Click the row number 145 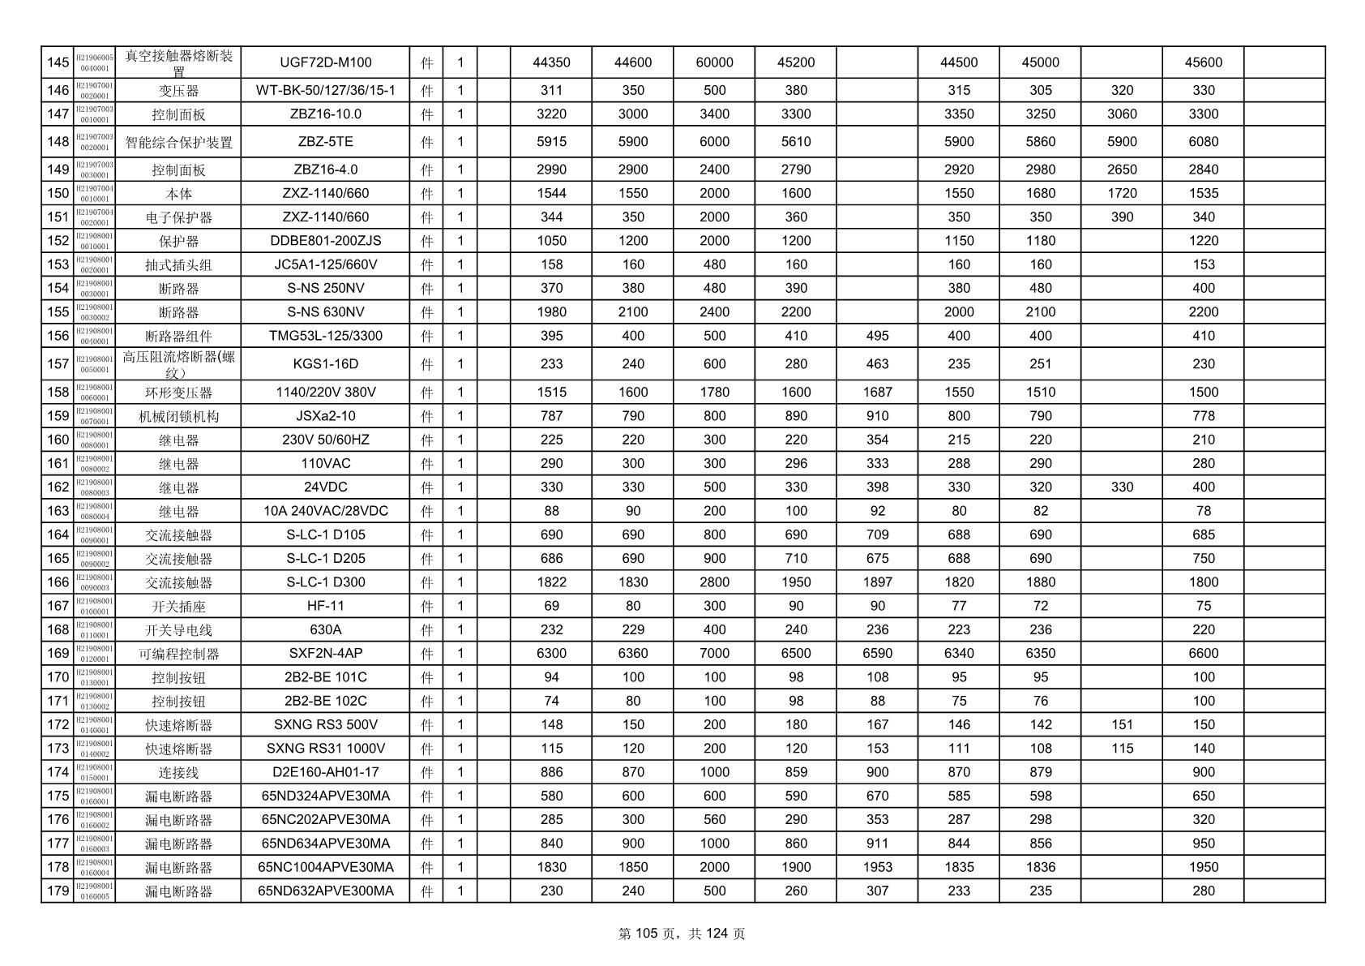point(58,62)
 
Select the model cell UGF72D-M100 point(325,62)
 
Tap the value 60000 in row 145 point(714,62)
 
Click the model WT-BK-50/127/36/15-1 point(325,90)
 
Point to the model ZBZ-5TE point(325,142)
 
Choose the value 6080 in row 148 point(1203,142)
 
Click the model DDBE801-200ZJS point(325,241)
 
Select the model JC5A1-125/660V point(325,264)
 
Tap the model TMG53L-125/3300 point(325,336)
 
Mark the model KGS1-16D point(325,364)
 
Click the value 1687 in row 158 point(877,393)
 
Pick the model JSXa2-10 point(325,416)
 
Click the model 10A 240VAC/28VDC point(325,511)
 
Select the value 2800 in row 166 point(714,582)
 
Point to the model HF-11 point(325,606)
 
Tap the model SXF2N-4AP point(325,654)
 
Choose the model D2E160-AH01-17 point(325,772)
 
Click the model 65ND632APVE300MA point(325,891)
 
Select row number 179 point(58,891)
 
